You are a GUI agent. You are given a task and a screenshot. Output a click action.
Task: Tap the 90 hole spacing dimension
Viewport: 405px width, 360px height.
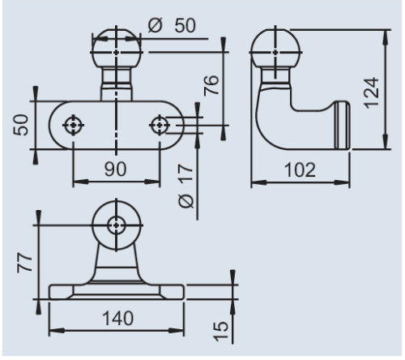point(115,170)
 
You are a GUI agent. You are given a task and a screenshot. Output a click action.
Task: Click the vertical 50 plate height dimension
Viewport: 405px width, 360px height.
point(23,125)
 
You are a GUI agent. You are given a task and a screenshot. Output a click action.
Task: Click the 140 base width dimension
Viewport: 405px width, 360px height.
point(116,318)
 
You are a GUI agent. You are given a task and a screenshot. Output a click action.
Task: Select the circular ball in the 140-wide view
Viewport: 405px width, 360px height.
point(117,225)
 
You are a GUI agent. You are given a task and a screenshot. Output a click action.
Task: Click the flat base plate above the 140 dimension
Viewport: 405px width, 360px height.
point(117,290)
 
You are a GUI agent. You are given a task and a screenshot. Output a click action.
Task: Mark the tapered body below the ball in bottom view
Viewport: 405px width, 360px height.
point(117,264)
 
